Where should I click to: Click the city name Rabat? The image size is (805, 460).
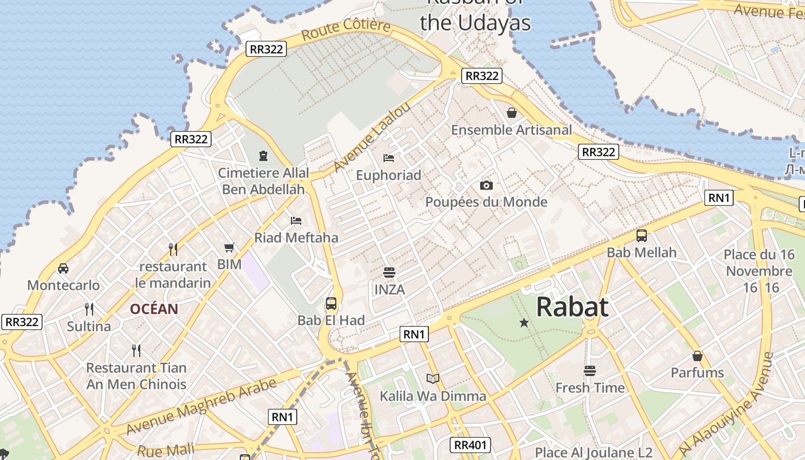click(x=572, y=307)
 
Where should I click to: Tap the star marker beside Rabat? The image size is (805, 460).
click(x=524, y=323)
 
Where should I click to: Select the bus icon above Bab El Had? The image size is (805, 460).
click(x=331, y=304)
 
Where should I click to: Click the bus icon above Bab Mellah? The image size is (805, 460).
click(x=642, y=236)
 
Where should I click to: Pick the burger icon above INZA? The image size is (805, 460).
click(x=389, y=272)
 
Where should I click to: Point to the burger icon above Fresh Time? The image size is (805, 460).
click(x=590, y=371)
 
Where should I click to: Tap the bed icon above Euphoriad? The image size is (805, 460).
click(x=389, y=158)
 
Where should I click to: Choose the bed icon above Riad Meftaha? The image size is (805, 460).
click(x=296, y=220)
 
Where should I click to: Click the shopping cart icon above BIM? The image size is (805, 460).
click(x=229, y=248)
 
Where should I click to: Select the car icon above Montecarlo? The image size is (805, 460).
click(x=63, y=268)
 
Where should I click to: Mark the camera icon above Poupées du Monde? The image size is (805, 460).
click(x=486, y=185)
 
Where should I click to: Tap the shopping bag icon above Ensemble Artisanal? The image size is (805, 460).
click(x=512, y=113)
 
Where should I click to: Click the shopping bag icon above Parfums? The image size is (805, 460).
click(x=697, y=356)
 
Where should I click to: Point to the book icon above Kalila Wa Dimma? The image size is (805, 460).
click(x=433, y=378)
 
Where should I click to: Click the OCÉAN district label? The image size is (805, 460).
click(x=154, y=309)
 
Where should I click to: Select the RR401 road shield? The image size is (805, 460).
click(x=470, y=444)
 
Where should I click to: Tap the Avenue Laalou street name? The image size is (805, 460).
click(x=372, y=137)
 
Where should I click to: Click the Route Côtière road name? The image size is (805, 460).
click(x=346, y=29)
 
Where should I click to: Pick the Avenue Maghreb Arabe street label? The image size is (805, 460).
click(x=201, y=407)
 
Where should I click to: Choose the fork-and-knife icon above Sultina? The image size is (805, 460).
click(x=89, y=309)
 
